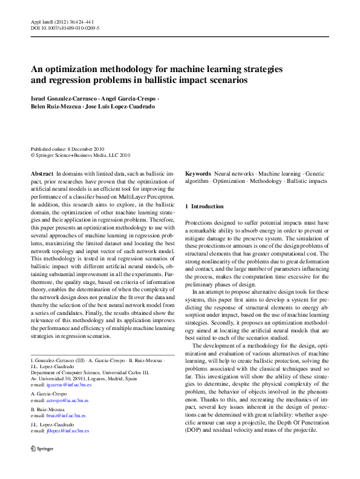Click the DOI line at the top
coord(65,28)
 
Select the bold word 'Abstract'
coord(42,173)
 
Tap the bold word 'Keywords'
coord(198,173)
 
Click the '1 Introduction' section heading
coord(204,206)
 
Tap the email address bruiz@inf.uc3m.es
coord(64,416)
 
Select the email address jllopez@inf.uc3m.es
coord(66,431)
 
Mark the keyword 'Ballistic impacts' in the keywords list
coord(307,181)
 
